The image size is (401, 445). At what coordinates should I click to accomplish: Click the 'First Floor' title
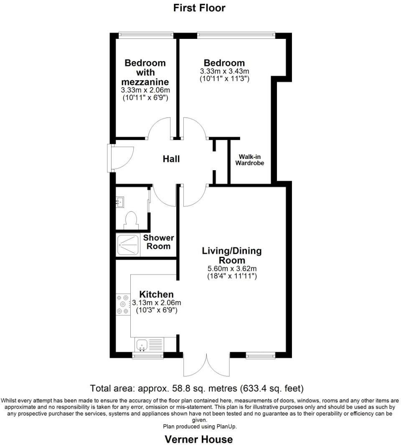pyautogui.click(x=199, y=8)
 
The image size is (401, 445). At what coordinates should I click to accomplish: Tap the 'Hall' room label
pyautogui.click(x=171, y=159)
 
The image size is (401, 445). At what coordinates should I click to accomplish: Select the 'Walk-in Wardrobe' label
pyautogui.click(x=250, y=160)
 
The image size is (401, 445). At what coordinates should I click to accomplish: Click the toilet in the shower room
pyautogui.click(x=131, y=219)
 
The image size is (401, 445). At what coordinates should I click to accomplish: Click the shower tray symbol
pyautogui.click(x=127, y=245)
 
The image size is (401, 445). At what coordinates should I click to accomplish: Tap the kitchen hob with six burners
pyautogui.click(x=123, y=304)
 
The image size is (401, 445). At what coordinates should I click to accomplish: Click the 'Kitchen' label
pyautogui.click(x=156, y=294)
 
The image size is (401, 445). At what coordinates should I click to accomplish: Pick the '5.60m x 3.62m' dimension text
pyautogui.click(x=232, y=269)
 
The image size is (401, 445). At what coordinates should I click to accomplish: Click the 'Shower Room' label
pyautogui.click(x=158, y=242)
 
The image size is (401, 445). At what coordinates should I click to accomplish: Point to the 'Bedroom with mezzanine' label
pyautogui.click(x=145, y=72)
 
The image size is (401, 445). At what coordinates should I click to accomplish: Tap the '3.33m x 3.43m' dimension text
pyautogui.click(x=225, y=71)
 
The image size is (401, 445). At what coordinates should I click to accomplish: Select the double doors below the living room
pyautogui.click(x=206, y=365)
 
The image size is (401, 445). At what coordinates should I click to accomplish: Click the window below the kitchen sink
pyautogui.click(x=147, y=355)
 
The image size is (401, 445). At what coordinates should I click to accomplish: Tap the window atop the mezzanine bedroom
pyautogui.click(x=146, y=34)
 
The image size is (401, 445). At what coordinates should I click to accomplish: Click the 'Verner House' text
pyautogui.click(x=199, y=439)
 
